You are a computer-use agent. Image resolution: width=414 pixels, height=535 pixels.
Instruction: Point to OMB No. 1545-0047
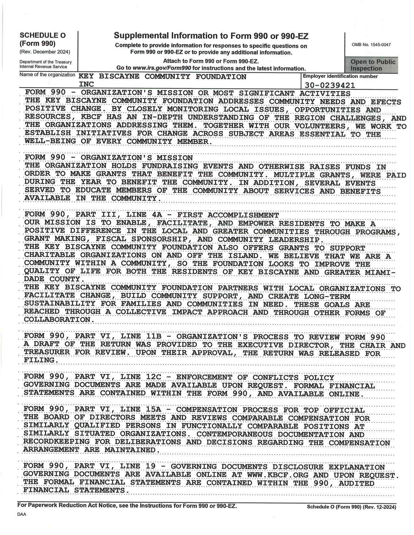(x=371, y=45)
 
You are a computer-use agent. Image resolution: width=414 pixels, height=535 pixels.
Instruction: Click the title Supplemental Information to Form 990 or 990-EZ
(x=211, y=36)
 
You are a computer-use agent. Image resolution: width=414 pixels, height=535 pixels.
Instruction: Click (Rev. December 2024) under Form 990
(x=44, y=52)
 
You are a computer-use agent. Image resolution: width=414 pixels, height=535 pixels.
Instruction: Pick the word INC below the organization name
(x=86, y=85)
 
